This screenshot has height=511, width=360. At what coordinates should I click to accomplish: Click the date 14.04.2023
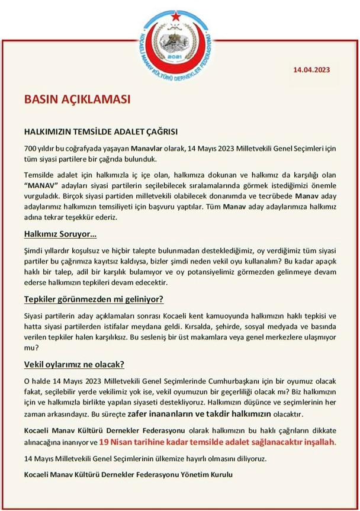311,69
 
